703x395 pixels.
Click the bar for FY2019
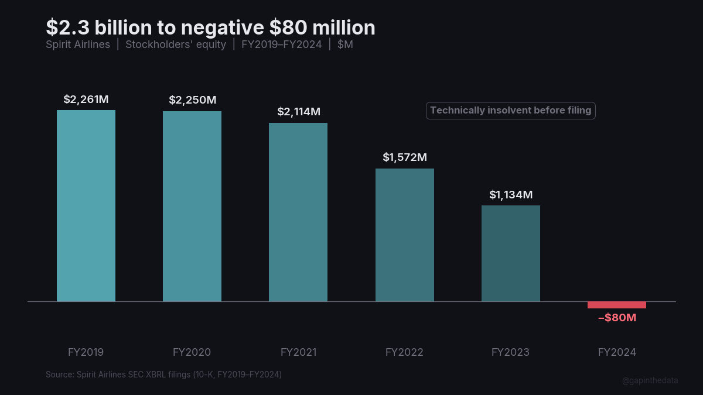pyautogui.click(x=86, y=206)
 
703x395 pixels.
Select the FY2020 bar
pyautogui.click(x=192, y=207)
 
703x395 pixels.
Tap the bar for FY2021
pyautogui.click(x=298, y=212)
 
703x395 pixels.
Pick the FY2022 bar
pyautogui.click(x=405, y=235)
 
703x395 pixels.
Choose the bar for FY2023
pyautogui.click(x=511, y=253)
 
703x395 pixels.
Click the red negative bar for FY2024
pyautogui.click(x=617, y=305)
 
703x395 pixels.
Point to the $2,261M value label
pyautogui.click(x=86, y=99)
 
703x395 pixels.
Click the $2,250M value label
pyautogui.click(x=192, y=100)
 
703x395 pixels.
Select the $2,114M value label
pyautogui.click(x=298, y=112)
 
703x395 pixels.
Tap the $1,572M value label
pyautogui.click(x=405, y=157)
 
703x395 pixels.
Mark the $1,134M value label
pyautogui.click(x=511, y=194)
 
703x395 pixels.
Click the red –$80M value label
pyautogui.click(x=617, y=318)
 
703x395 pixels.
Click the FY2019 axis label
pyautogui.click(x=86, y=352)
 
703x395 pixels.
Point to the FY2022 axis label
pyautogui.click(x=404, y=352)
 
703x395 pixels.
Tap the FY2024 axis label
pyautogui.click(x=617, y=352)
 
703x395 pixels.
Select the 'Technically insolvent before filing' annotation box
pyautogui.click(x=510, y=111)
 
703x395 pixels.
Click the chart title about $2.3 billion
pyautogui.click(x=210, y=28)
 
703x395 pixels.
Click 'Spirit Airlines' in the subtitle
pyautogui.click(x=78, y=45)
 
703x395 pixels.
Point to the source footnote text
pyautogui.click(x=163, y=374)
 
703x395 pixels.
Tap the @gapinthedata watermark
pyautogui.click(x=650, y=380)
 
